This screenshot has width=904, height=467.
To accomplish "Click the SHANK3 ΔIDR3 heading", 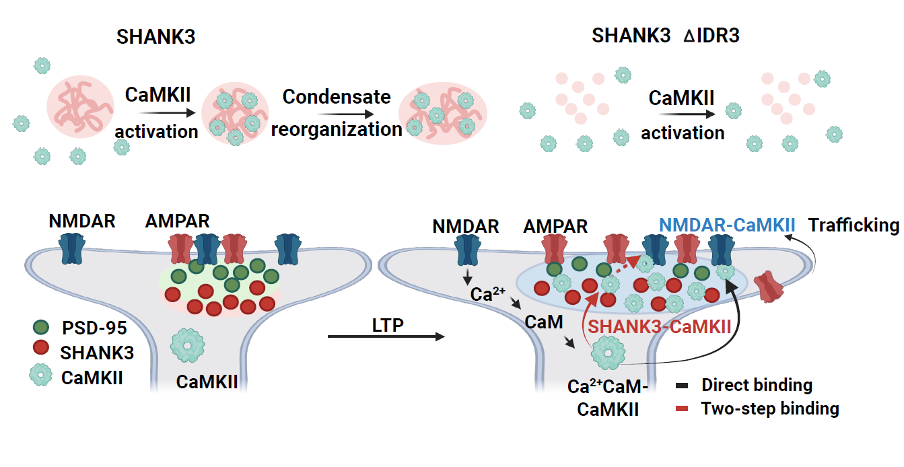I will click(x=665, y=36).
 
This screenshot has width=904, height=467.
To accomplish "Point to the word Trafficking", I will click(x=854, y=225).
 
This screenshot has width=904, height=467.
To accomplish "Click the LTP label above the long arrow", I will click(x=387, y=326).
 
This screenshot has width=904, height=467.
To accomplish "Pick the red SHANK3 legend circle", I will click(x=41, y=349).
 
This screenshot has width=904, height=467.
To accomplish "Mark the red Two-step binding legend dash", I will click(x=681, y=408).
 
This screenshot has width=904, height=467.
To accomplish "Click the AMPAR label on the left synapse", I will click(x=177, y=221).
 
